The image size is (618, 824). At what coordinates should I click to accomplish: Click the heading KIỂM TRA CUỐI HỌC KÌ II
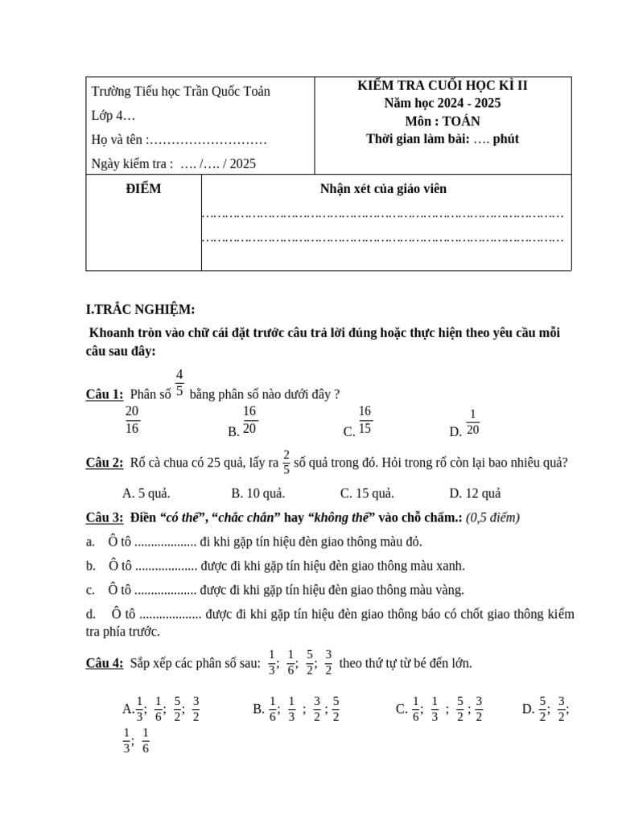(442, 86)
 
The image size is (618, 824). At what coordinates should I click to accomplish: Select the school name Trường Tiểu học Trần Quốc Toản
(181, 91)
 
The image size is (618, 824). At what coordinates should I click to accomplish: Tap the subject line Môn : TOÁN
(442, 122)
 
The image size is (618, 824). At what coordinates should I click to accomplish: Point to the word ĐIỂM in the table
(143, 189)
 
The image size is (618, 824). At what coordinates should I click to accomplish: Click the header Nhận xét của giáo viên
(383, 189)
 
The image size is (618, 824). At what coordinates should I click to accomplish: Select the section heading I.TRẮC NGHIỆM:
(140, 310)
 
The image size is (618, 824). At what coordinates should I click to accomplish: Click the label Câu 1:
(105, 393)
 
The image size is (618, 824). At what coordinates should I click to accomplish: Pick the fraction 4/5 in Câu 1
(179, 384)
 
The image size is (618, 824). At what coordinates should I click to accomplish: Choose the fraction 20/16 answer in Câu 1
(133, 420)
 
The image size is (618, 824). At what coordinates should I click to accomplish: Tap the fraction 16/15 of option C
(365, 420)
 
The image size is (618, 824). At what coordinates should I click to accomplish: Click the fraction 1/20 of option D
(472, 422)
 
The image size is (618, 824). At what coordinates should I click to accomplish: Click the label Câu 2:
(105, 463)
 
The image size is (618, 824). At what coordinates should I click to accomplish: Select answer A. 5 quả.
(146, 493)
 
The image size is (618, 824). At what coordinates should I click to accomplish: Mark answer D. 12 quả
(475, 493)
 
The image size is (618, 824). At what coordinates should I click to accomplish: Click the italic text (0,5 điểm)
(493, 517)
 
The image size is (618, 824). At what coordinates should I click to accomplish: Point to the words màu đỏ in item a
(399, 542)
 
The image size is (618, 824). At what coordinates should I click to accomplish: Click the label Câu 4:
(105, 663)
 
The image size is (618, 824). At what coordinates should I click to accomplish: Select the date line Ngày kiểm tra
(174, 163)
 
